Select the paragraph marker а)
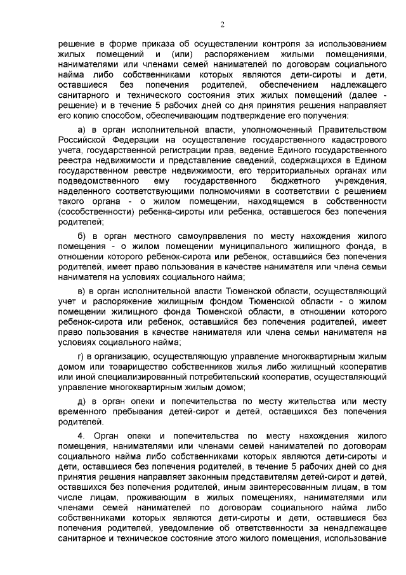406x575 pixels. tap(81, 130)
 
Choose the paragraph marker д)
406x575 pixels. tap(81, 401)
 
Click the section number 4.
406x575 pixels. tap(81, 436)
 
